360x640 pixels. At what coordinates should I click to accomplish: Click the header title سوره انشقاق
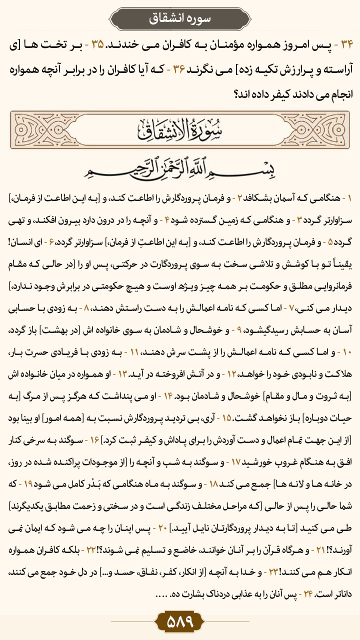coord(179,18)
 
